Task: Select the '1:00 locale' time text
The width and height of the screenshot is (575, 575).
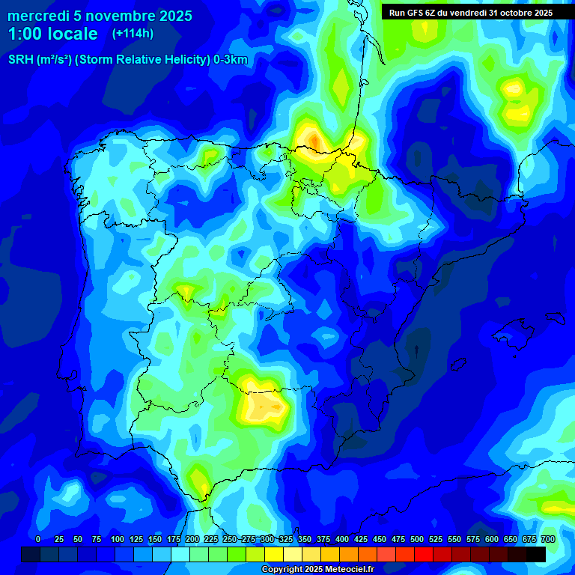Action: [x=52, y=34]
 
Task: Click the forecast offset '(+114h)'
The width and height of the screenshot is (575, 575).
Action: [x=133, y=34]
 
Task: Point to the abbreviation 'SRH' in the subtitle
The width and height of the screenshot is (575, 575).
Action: [x=20, y=60]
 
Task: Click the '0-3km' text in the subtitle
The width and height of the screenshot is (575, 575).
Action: [x=231, y=60]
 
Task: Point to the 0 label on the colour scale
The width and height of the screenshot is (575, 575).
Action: [x=38, y=539]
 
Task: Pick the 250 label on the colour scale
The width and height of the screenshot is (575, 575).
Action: [x=230, y=539]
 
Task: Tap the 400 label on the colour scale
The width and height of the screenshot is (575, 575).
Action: [x=342, y=539]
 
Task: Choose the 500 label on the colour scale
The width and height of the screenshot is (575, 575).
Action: [x=417, y=539]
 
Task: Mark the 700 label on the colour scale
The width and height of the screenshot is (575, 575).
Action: [x=548, y=539]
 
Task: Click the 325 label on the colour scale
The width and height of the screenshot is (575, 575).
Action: [x=286, y=539]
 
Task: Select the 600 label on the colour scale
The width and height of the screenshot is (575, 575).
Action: [x=492, y=539]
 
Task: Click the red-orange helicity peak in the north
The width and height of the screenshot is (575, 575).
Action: [x=315, y=139]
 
